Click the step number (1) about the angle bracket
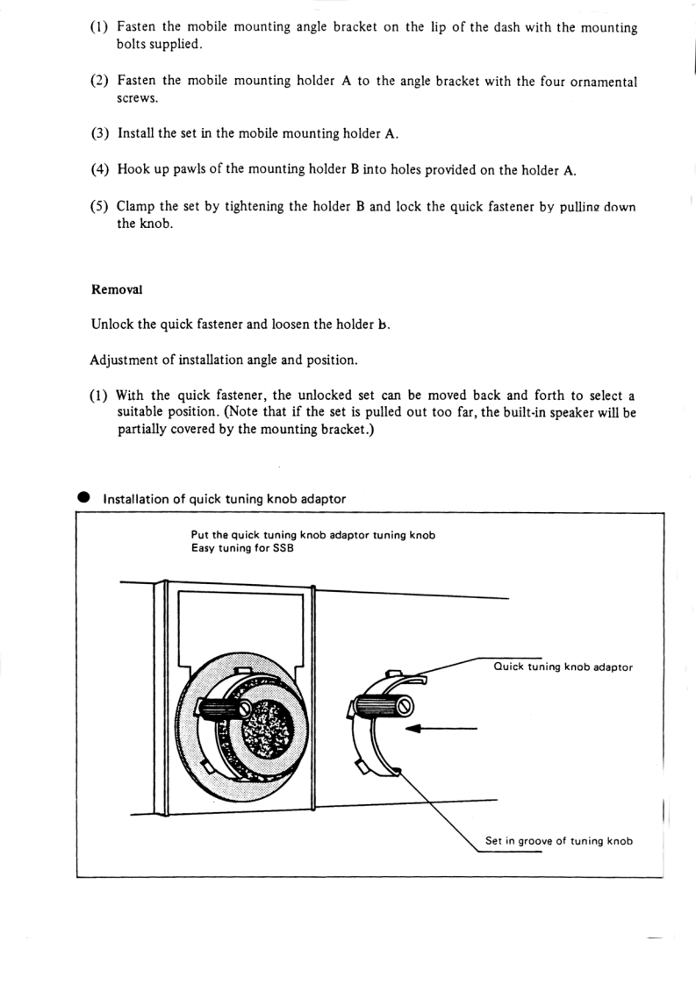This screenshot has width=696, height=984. coord(100,28)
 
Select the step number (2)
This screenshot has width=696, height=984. coord(100,82)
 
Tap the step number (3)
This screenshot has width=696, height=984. coord(100,134)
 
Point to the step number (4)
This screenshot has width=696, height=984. coord(100,169)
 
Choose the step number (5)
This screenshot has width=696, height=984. coord(100,207)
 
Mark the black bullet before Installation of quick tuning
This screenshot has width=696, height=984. coord(84,497)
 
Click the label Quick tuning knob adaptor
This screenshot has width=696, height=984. coord(563,667)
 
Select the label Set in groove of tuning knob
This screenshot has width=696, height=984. coord(559,841)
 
